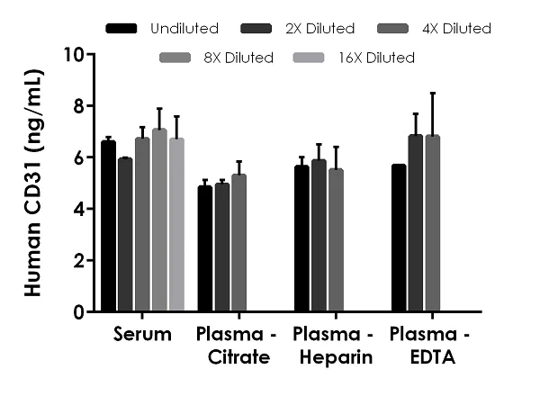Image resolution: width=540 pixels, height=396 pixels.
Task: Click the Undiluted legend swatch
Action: [121, 28]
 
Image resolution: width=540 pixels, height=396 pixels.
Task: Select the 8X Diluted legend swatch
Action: [176, 58]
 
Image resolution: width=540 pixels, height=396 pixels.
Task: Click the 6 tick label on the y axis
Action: [79, 157]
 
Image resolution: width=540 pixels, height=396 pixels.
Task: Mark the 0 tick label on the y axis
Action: [79, 312]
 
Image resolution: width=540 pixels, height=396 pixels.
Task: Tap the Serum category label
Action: [143, 336]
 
